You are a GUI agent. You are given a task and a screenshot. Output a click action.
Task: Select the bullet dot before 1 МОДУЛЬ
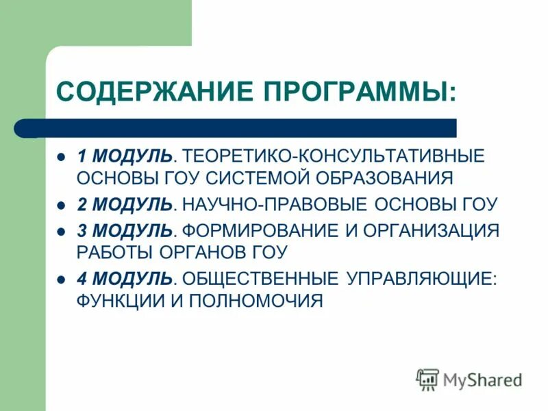(61, 156)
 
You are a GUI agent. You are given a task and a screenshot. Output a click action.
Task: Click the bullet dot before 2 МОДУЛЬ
(61, 204)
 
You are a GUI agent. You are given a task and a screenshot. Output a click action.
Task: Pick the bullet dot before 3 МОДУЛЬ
(61, 230)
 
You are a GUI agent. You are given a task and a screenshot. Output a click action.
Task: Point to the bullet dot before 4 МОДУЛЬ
(61, 278)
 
